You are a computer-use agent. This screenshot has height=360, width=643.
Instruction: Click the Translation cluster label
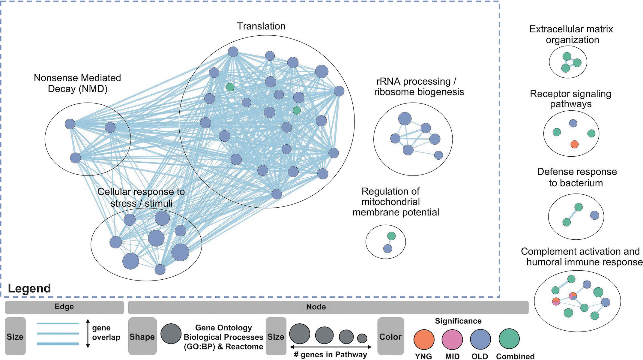[261, 26]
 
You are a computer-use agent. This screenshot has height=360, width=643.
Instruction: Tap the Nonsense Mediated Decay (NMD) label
[77, 83]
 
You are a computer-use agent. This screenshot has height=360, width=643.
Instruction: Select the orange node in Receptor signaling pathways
[574, 144]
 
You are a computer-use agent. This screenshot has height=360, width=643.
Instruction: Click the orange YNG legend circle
[424, 339]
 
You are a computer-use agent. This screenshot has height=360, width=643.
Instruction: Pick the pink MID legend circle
[452, 339]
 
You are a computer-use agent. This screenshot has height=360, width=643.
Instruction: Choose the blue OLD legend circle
[480, 339]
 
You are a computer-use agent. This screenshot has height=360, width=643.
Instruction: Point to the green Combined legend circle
[509, 339]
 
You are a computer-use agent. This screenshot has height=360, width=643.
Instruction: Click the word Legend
[29, 288]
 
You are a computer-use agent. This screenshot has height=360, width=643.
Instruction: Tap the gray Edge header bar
[64, 307]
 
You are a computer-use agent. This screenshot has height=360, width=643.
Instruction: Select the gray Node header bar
[328, 307]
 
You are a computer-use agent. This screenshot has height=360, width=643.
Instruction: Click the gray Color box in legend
[390, 336]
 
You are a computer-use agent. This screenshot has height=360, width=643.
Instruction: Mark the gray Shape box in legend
[142, 336]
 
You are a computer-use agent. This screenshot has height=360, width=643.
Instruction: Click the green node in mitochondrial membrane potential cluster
[391, 236]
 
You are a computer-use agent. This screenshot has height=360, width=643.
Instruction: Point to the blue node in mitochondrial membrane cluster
[387, 248]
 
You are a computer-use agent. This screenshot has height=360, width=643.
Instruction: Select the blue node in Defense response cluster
[594, 215]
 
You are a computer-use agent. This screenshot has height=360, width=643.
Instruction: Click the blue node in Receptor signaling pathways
[573, 123]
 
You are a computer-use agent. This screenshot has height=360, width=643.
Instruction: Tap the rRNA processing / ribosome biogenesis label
[419, 86]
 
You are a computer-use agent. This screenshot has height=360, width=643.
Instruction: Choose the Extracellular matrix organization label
[572, 34]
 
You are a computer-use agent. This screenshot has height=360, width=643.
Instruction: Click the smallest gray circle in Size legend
[362, 338]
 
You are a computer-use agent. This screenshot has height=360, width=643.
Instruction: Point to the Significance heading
[458, 321]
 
